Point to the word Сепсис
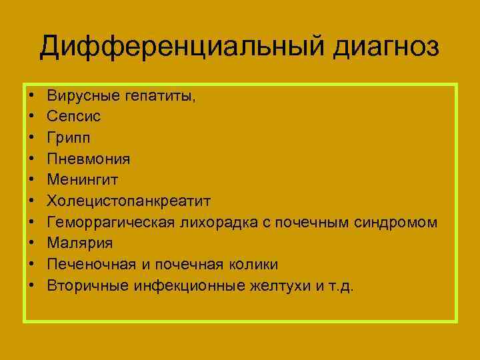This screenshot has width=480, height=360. pyautogui.click(x=73, y=117)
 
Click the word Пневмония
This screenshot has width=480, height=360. pyautogui.click(x=89, y=159)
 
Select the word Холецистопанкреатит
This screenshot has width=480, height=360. pyautogui.click(x=129, y=201)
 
